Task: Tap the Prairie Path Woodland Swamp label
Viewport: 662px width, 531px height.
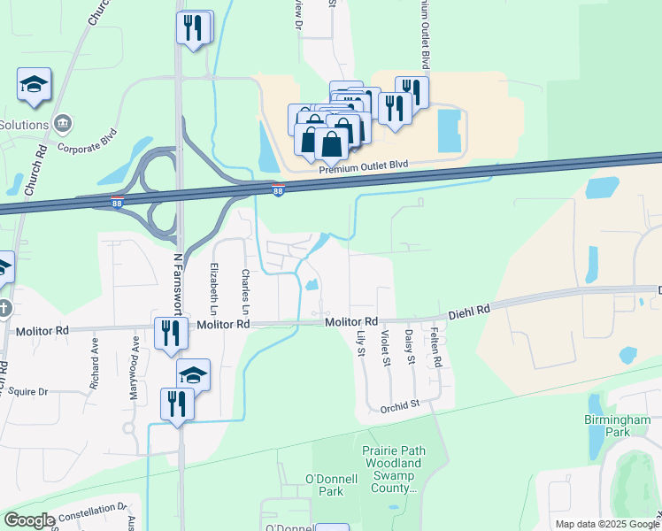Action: pyautogui.click(x=393, y=469)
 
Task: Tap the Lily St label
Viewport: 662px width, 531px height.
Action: pyautogui.click(x=361, y=343)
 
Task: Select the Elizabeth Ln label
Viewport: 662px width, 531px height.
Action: pyautogui.click(x=214, y=288)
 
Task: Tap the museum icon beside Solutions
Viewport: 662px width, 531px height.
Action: pyautogui.click(x=62, y=122)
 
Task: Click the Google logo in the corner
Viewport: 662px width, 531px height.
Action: pyautogui.click(x=28, y=520)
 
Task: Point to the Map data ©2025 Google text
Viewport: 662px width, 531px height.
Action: pyautogui.click(x=607, y=524)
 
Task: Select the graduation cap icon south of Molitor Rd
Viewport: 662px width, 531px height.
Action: pyautogui.click(x=193, y=374)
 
